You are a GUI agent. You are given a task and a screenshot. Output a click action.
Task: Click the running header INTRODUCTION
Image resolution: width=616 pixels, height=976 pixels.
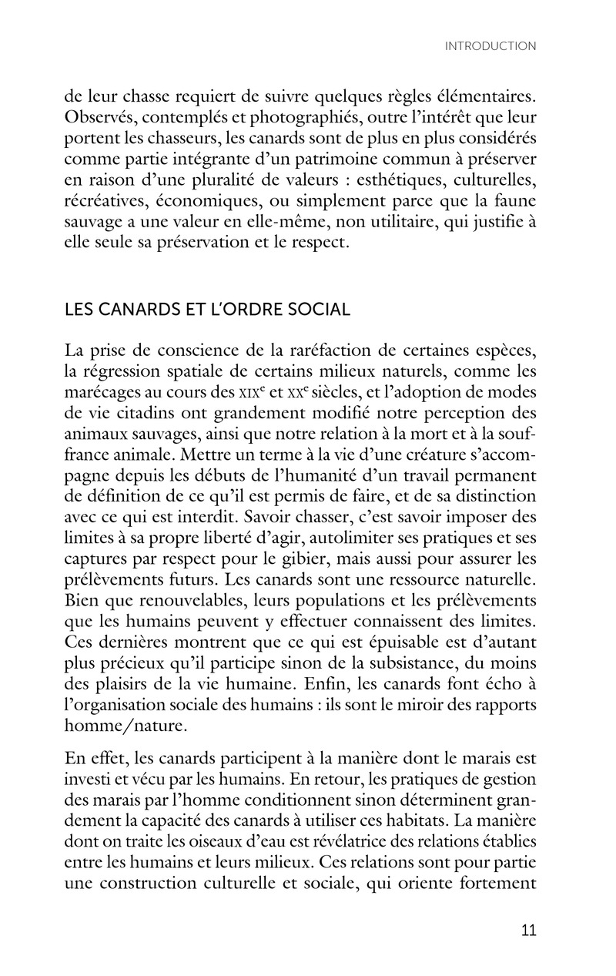coord(490,46)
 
